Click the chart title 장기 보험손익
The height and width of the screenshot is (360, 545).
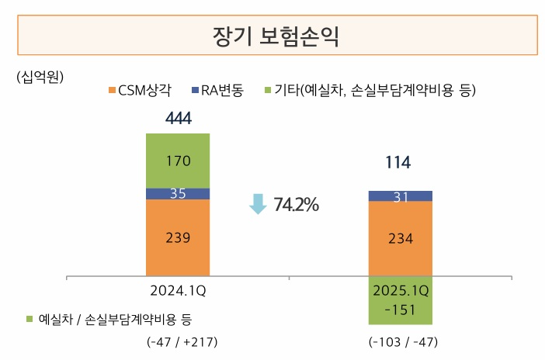click(x=276, y=36)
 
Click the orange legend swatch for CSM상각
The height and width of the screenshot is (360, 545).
click(x=113, y=91)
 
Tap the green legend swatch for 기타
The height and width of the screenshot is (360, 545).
click(x=268, y=91)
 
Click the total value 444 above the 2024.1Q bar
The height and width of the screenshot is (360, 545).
click(x=178, y=118)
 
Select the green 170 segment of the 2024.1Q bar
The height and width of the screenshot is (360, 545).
click(x=178, y=161)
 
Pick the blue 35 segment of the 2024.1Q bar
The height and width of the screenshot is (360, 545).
click(x=178, y=194)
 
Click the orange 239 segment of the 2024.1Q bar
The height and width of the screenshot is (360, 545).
click(x=178, y=237)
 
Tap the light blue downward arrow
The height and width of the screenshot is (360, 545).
click(x=257, y=204)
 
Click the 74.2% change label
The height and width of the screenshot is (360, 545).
click(x=295, y=205)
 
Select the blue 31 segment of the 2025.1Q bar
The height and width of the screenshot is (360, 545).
click(x=401, y=196)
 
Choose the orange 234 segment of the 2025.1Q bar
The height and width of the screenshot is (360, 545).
click(x=401, y=238)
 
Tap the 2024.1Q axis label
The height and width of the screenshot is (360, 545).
click(x=178, y=291)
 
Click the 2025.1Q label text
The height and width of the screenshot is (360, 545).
click(x=401, y=291)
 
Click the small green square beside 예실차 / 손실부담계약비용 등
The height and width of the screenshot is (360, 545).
click(x=30, y=319)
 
